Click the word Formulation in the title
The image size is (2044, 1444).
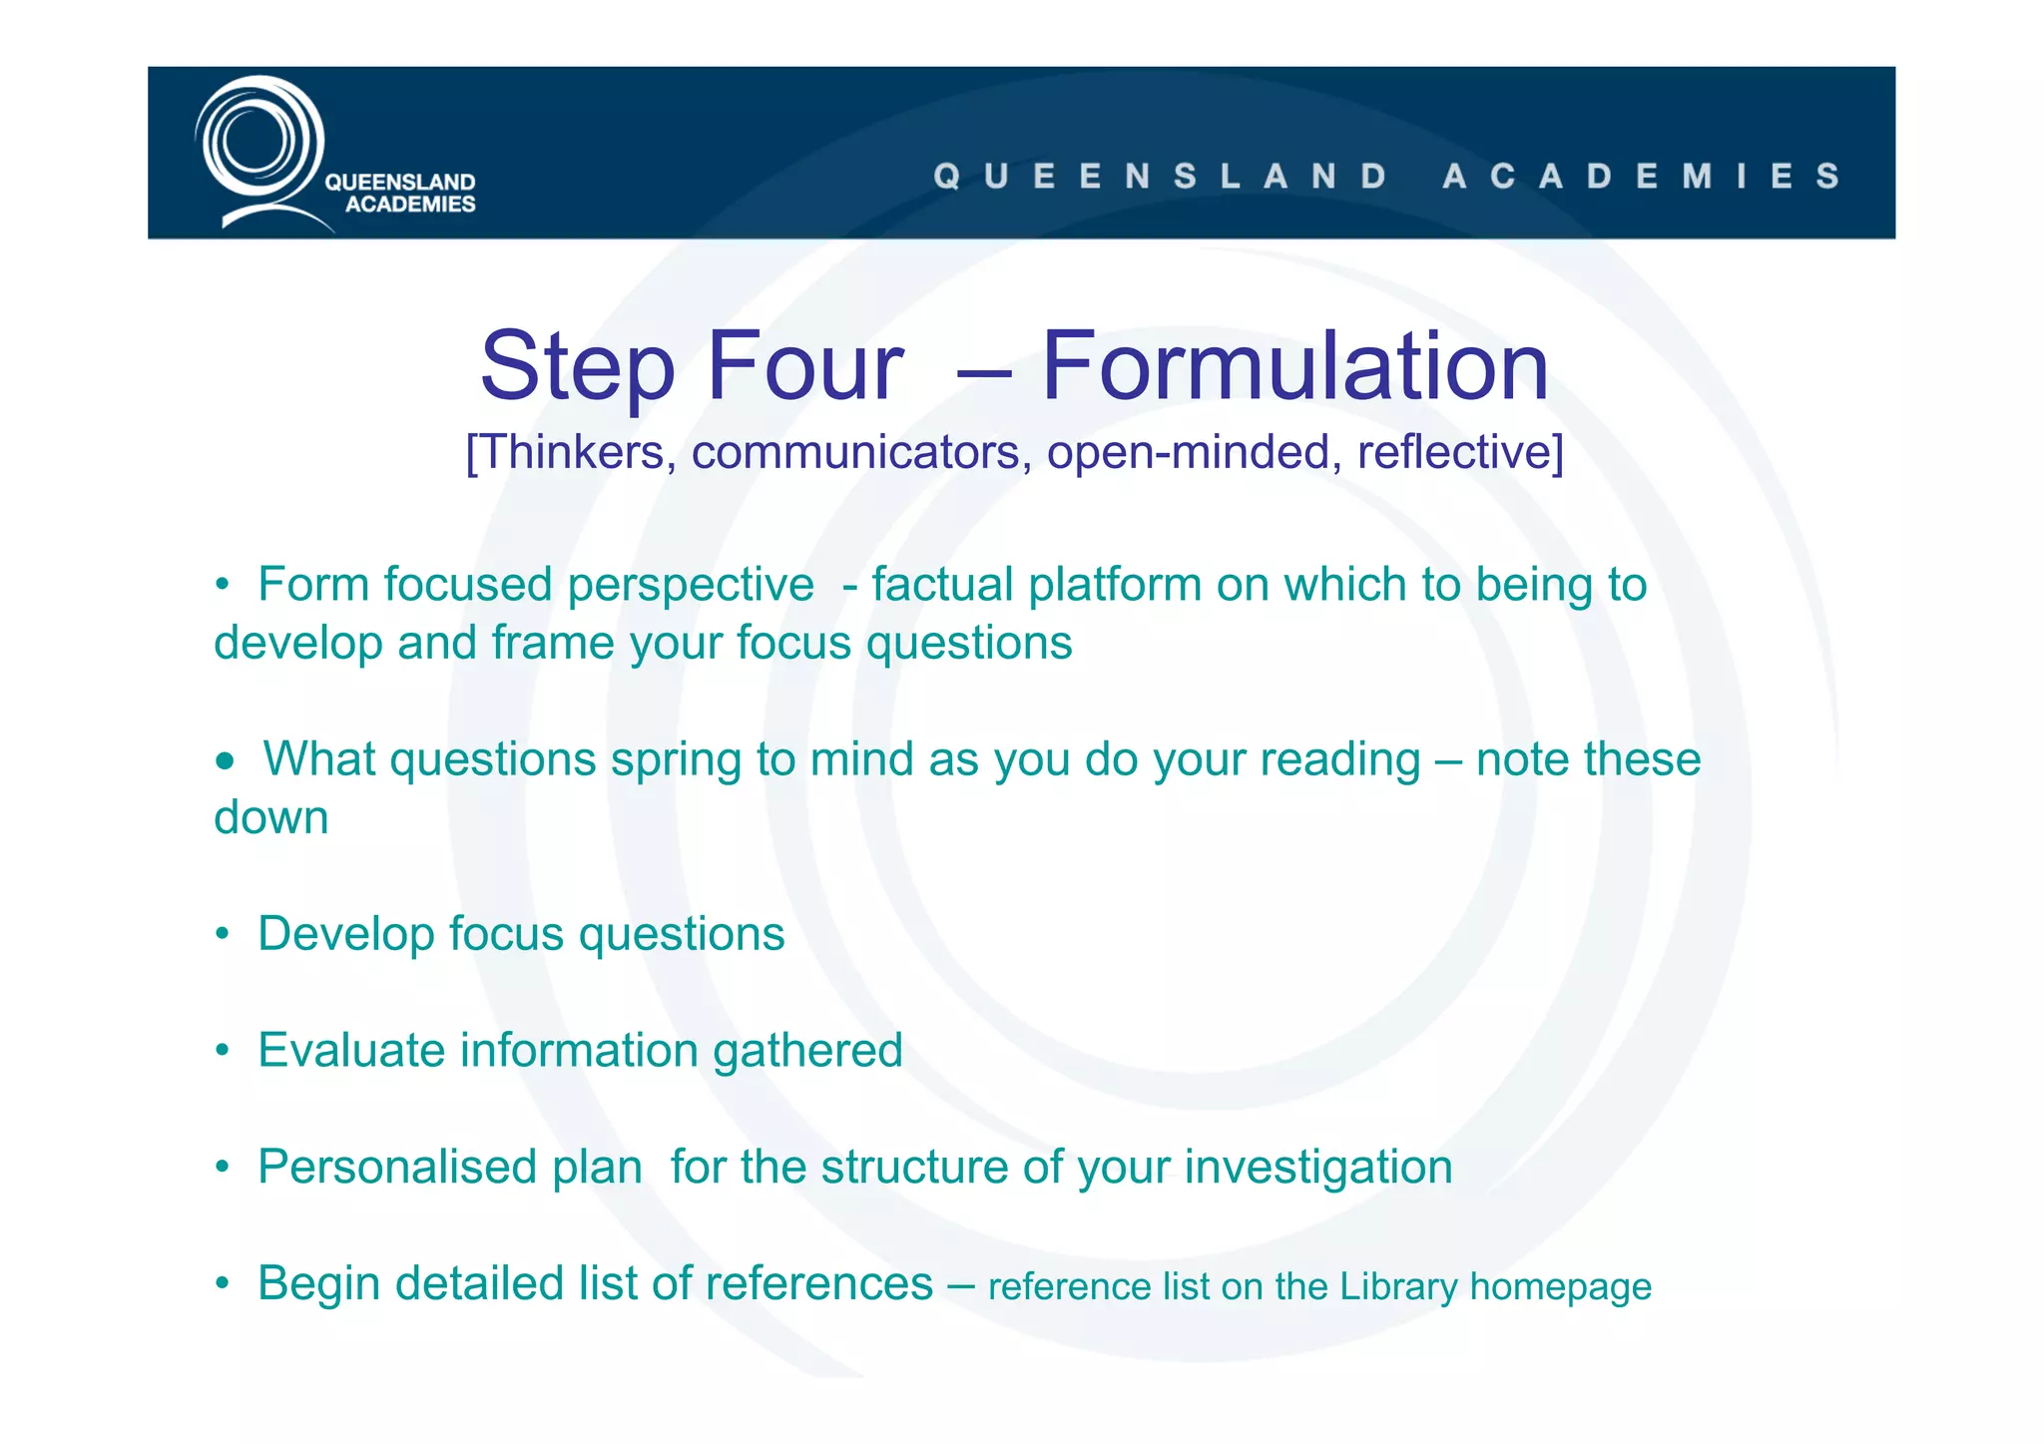[1294, 366]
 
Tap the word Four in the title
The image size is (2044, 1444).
[804, 366]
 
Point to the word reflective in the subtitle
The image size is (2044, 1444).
[1457, 452]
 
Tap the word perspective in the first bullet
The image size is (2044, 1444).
[691, 586]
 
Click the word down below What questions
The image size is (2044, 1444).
[270, 818]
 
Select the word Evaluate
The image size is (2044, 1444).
[351, 1051]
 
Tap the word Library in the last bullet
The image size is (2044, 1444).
[1398, 1287]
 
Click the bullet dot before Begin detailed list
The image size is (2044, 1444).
[224, 1283]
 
